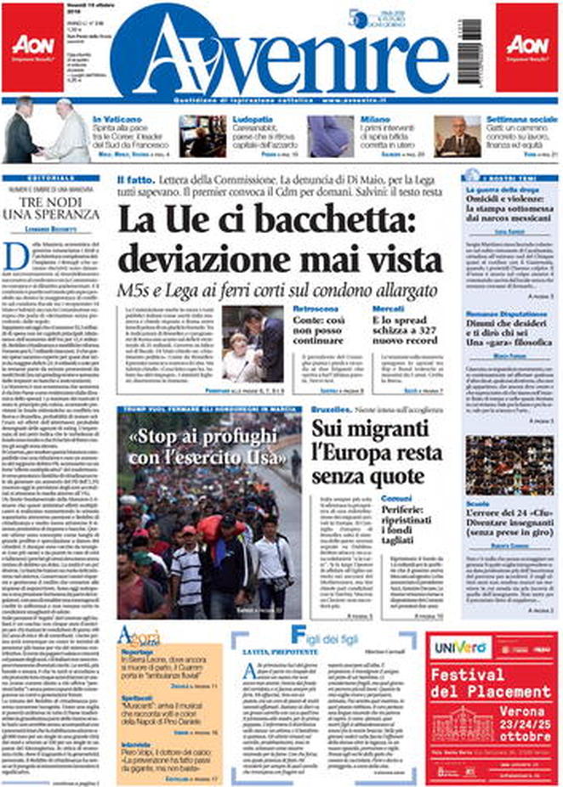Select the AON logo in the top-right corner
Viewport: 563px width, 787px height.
point(527,47)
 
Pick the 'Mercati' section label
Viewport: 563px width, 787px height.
point(390,309)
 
